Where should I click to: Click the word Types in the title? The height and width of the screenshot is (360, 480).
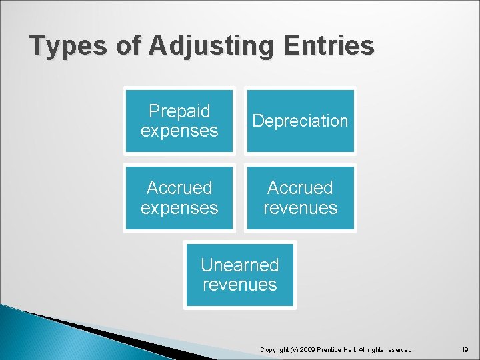pos(67,46)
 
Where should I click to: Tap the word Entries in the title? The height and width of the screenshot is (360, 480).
pos(329,46)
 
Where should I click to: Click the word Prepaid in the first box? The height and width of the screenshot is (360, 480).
pos(179,111)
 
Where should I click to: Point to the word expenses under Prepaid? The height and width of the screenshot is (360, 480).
pos(179,131)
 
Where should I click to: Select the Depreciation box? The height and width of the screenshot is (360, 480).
pos(300,121)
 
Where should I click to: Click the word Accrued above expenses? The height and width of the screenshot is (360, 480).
pos(179,187)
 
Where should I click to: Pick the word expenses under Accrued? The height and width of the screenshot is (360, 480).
pos(179,208)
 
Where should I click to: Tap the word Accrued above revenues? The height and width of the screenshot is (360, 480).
pos(300,187)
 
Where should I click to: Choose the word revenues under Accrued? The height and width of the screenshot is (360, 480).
pos(300,208)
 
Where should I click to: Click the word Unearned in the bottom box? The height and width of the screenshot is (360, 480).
pos(239,265)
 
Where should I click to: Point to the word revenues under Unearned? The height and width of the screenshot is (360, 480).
pos(239,285)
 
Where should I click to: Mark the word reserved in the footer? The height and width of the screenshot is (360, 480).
pos(398,349)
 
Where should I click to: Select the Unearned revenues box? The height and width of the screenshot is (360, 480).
pos(239,275)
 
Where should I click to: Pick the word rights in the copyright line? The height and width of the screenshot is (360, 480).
pos(375,349)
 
